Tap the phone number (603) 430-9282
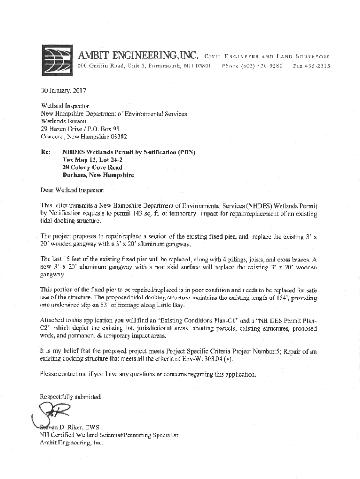coord(255,66)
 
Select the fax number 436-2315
coord(318,66)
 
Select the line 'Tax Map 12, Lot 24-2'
coord(93,160)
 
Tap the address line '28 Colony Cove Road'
coord(92,167)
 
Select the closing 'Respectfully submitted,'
coord(71,397)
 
